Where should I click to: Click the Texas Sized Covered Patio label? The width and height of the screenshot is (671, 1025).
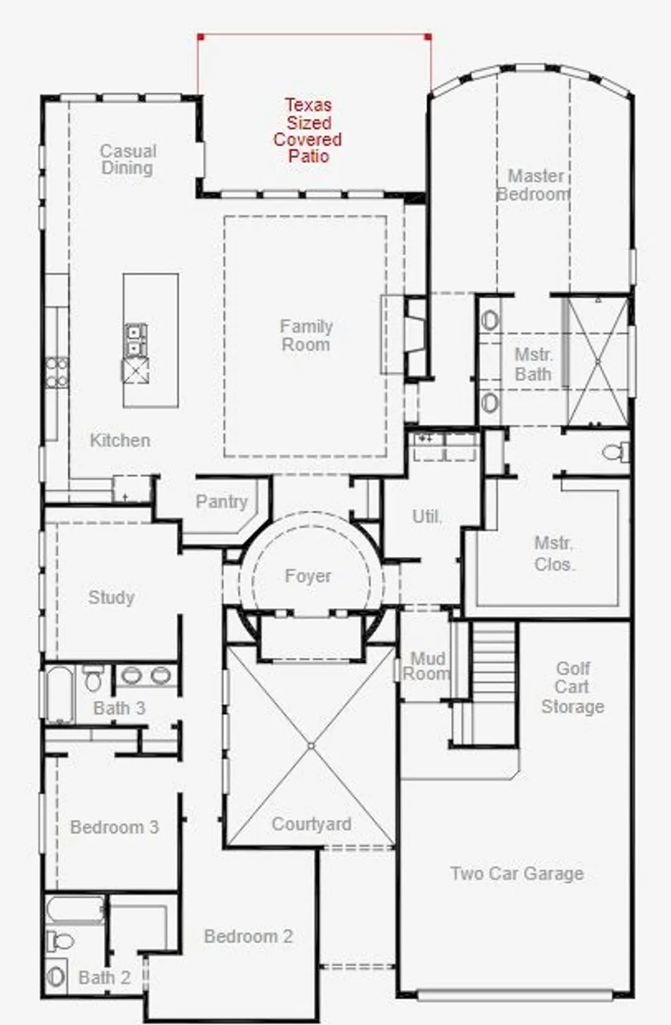[307, 131]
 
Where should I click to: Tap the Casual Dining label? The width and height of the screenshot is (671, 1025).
[128, 159]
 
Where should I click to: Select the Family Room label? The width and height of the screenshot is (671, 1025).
[306, 336]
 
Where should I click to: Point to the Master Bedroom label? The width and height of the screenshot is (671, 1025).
[534, 185]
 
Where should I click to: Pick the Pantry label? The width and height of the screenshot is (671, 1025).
[221, 502]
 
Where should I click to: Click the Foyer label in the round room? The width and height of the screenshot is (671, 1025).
[308, 576]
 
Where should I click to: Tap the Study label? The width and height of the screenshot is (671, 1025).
[111, 597]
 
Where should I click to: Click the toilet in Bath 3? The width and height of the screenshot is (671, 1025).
[93, 679]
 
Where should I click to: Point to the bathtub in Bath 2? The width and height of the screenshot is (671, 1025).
[75, 910]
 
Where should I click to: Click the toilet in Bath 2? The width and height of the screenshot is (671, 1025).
[61, 941]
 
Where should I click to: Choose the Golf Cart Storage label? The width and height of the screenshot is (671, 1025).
[573, 687]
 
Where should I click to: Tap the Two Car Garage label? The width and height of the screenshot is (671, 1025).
[517, 873]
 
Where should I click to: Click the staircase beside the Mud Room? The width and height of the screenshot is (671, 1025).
[494, 683]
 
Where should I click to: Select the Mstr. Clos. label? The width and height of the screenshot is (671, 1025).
[554, 553]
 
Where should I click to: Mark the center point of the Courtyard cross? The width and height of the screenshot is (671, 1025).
[311, 746]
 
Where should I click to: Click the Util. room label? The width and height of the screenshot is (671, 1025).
[427, 517]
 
